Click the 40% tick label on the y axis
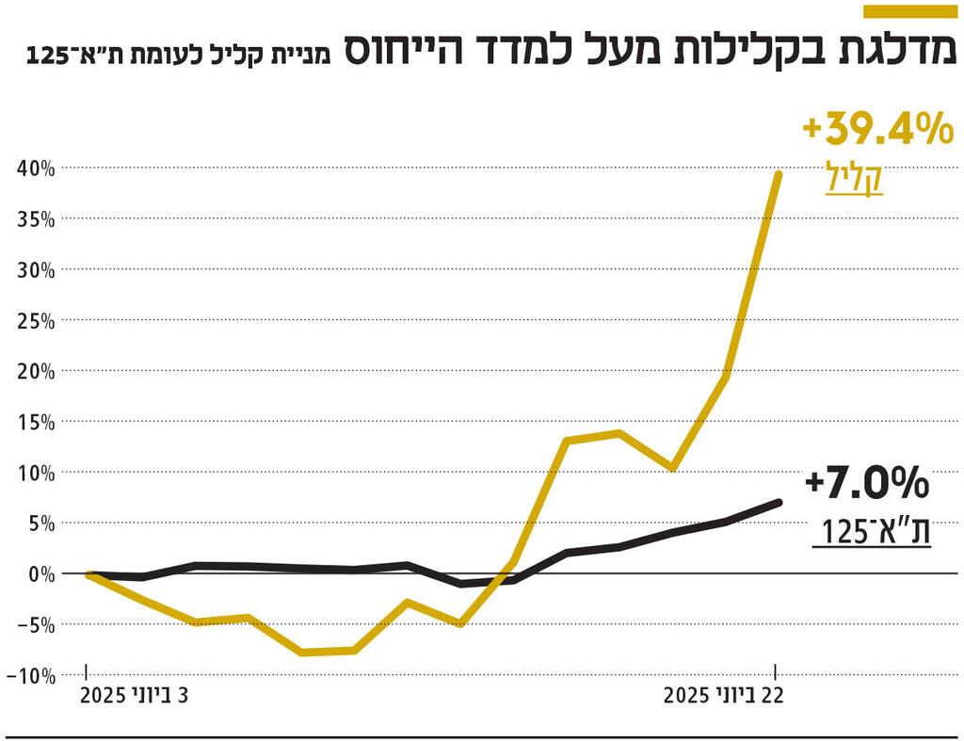click(x=37, y=169)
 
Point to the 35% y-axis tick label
click(x=37, y=219)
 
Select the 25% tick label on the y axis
click(x=37, y=321)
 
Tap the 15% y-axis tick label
click(x=37, y=422)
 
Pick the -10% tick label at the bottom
click(x=32, y=675)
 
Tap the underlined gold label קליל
click(x=854, y=178)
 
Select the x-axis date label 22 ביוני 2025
click(x=723, y=697)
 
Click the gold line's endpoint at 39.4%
click(x=779, y=174)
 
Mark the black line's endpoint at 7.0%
click(x=778, y=503)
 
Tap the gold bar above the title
click(x=912, y=10)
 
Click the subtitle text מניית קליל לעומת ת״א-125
click(x=180, y=54)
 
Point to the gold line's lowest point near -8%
click(x=301, y=652)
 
